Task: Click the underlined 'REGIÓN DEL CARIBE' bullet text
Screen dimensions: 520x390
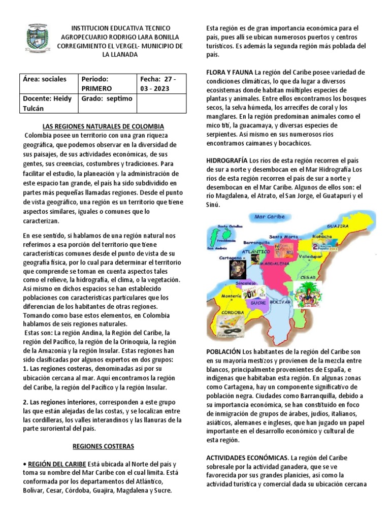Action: [x=56, y=464]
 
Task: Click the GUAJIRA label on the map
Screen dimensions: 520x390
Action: [x=337, y=225]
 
